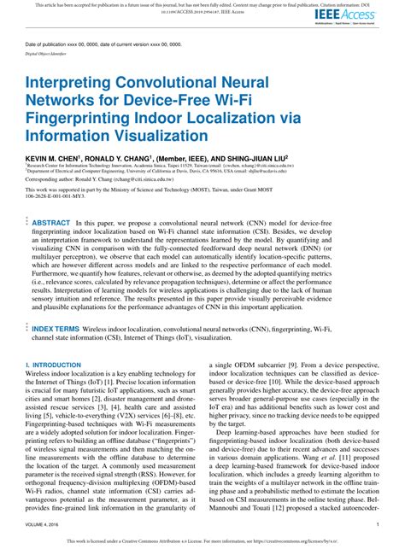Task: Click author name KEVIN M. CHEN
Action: pyautogui.click(x=52, y=159)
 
